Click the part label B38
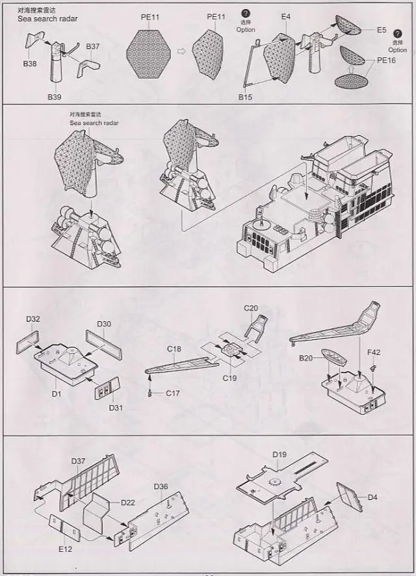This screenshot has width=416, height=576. [30, 64]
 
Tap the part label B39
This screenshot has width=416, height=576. [54, 97]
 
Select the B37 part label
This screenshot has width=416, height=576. [92, 47]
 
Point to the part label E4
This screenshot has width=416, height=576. [287, 16]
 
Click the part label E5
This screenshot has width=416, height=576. [382, 30]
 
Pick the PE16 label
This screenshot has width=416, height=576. [386, 60]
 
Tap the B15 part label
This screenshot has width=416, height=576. [245, 97]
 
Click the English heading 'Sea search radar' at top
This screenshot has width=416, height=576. [47, 19]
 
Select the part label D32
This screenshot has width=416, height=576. [33, 319]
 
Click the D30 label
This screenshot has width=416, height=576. [104, 324]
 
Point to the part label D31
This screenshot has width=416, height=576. [115, 408]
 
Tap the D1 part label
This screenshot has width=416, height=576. [57, 393]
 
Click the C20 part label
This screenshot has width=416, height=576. [251, 308]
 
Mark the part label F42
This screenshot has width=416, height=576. [374, 353]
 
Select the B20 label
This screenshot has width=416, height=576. [306, 358]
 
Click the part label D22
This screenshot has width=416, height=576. [127, 503]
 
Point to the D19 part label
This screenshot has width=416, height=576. [279, 454]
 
